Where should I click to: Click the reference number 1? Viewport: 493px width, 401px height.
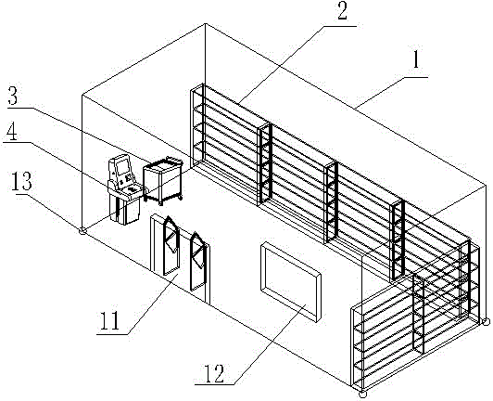coord(416,59)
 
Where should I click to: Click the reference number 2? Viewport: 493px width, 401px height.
coord(342,10)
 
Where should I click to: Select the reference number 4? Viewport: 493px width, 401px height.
coord(11,132)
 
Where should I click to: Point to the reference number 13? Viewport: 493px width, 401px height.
coord(21,182)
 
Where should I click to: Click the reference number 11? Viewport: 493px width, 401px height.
coord(109,320)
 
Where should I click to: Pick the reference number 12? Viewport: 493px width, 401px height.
coord(214,373)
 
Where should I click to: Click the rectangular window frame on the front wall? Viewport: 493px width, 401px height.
coord(291,281)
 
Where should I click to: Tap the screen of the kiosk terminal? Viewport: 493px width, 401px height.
coord(122,166)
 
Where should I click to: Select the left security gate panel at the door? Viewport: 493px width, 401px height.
coord(171,246)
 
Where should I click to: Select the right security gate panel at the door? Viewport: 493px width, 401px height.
coord(198,262)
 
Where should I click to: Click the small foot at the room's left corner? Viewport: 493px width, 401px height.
coord(82,231)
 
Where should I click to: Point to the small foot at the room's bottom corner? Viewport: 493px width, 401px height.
coord(362,395)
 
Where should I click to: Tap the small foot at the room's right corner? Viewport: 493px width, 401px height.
coord(486,321)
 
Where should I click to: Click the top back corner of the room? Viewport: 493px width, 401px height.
coord(206,23)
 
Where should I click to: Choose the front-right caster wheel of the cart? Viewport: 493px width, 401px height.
coord(160,204)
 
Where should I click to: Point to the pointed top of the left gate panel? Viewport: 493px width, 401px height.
coord(169,216)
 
